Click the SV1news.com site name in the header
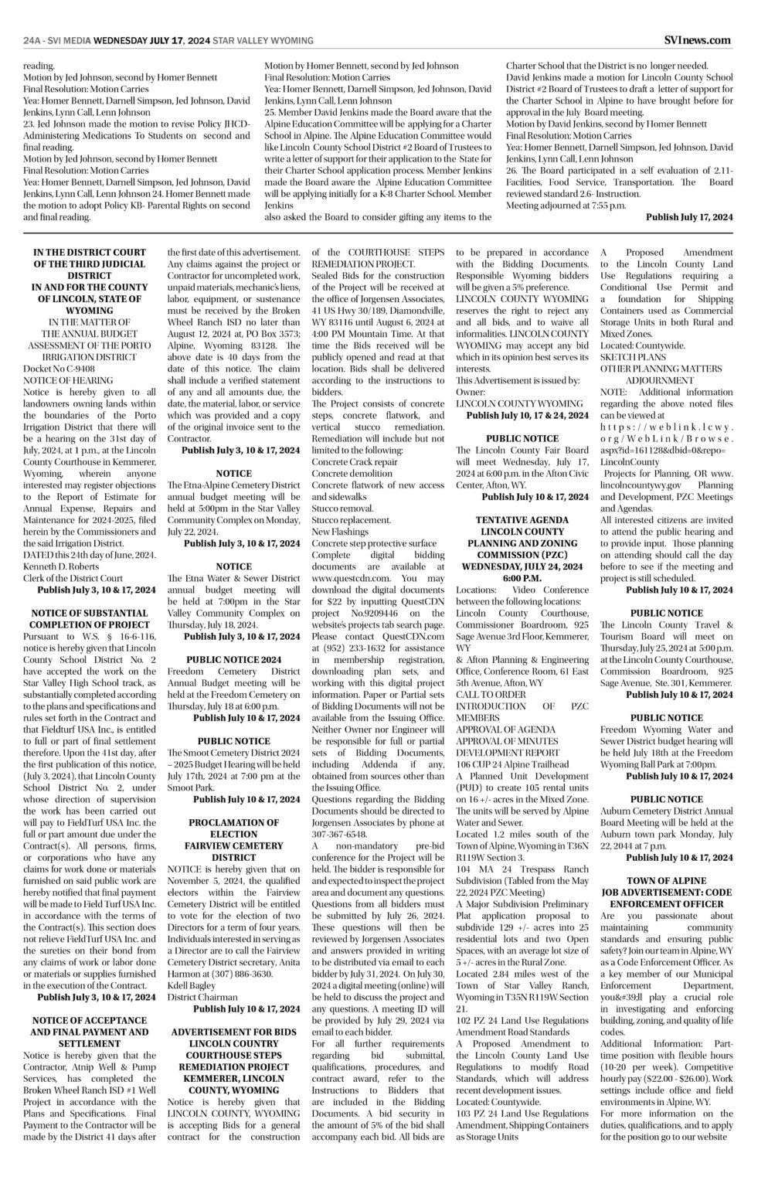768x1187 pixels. click(x=698, y=40)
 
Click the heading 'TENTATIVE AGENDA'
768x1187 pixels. click(x=522, y=520)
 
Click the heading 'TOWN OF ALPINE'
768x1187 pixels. click(x=666, y=881)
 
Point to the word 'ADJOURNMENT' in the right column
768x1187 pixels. click(x=659, y=380)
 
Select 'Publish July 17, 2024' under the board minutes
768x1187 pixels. click(x=688, y=218)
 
